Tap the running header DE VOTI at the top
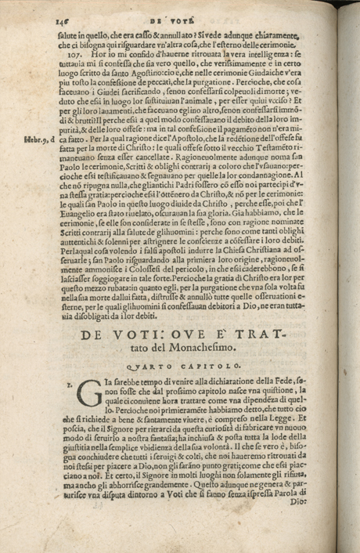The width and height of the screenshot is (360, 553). pyautogui.click(x=182, y=10)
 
